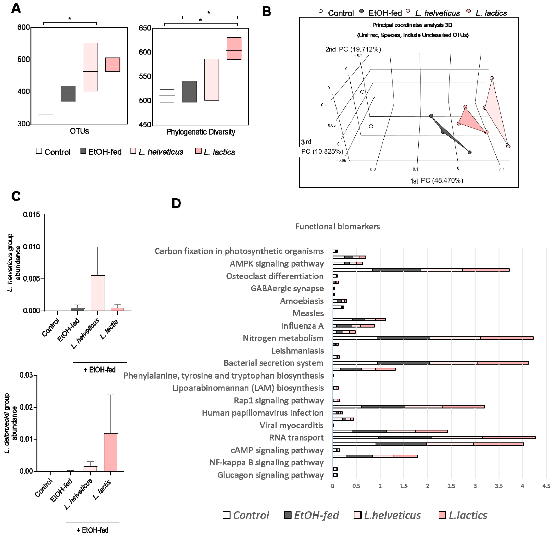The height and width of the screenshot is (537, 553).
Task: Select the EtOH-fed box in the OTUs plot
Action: point(68,93)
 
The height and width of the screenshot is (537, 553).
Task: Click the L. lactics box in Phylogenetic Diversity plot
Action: point(234,48)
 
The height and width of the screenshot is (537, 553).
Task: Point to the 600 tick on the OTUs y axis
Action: point(24,27)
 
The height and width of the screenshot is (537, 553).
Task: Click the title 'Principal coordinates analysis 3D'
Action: point(412,25)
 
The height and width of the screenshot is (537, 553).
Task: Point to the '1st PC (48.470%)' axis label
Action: point(436,181)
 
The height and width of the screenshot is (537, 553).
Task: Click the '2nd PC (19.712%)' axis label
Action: point(353,49)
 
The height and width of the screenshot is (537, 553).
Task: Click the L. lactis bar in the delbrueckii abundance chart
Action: point(111,452)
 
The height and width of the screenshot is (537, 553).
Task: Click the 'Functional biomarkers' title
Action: point(337,226)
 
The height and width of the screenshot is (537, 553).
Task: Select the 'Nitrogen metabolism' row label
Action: point(283,338)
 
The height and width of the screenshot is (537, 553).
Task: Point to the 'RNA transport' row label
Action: point(296,438)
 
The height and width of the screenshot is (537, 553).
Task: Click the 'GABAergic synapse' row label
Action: point(287,289)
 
